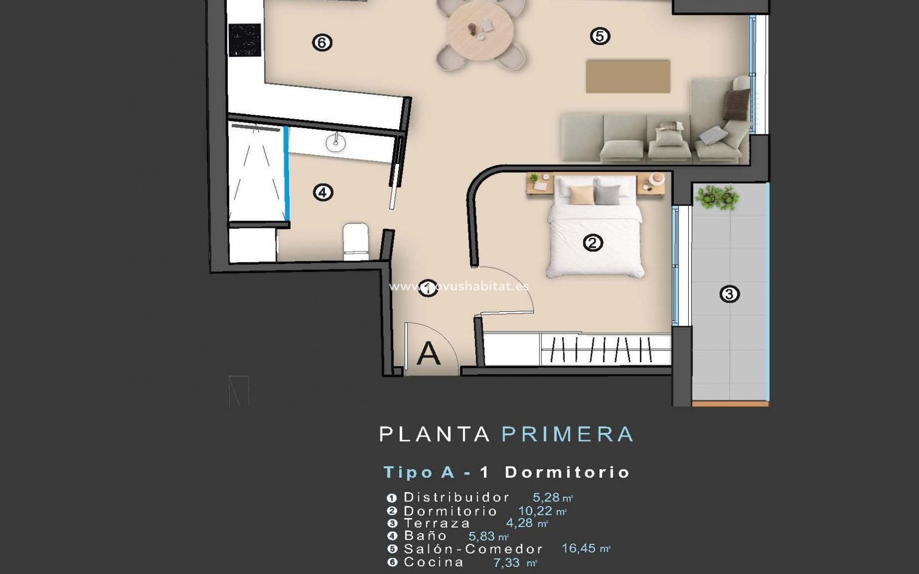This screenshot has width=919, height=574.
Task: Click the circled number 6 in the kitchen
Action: [x=322, y=43]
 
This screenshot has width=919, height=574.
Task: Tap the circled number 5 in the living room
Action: [x=600, y=36]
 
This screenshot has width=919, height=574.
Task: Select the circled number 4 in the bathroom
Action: [x=323, y=193]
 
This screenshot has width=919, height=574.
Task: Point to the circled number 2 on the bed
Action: [x=593, y=243]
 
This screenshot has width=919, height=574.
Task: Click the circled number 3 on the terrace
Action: [x=729, y=294]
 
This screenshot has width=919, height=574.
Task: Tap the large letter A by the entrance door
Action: [x=428, y=354]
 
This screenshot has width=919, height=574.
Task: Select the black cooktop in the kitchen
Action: [x=245, y=40]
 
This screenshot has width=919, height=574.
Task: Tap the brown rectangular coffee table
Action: [x=628, y=76]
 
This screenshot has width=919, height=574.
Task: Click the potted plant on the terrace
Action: [x=716, y=197]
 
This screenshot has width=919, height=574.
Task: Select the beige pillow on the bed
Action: [x=582, y=195]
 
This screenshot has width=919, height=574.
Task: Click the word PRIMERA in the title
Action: [x=568, y=434]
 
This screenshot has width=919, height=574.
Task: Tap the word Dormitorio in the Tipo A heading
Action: [x=567, y=473]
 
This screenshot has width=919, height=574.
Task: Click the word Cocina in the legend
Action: [x=434, y=562]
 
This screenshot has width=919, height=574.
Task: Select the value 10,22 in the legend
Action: [x=535, y=511]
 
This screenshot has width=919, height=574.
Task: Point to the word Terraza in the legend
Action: [x=437, y=523]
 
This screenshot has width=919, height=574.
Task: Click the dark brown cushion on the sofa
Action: [x=736, y=104]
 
